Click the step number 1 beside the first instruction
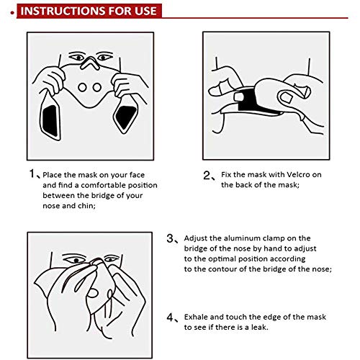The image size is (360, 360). click(x=32, y=174)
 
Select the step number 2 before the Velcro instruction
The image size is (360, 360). click(x=207, y=175)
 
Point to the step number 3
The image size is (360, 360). click(x=170, y=238)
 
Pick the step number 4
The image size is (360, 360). click(x=170, y=318)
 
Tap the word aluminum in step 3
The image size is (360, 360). click(x=243, y=238)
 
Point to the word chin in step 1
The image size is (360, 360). click(x=86, y=206)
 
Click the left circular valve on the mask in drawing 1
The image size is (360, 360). click(x=82, y=87)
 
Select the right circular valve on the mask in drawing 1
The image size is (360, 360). click(x=97, y=87)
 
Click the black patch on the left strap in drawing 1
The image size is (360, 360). click(x=51, y=121)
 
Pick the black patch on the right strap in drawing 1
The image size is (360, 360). click(x=126, y=117)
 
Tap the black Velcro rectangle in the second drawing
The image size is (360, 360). click(x=250, y=101)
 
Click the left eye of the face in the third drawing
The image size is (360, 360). click(x=76, y=261)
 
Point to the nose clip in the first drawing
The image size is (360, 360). click(x=90, y=63)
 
